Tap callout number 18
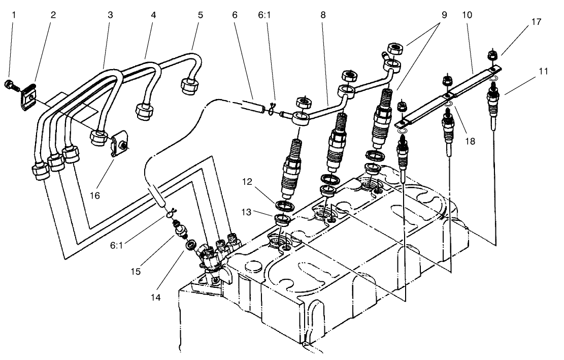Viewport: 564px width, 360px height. pos(470,141)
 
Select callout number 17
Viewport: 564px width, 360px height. pos(522,22)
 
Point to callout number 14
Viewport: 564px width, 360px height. pos(156,297)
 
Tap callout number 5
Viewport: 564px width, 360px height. pos(201,15)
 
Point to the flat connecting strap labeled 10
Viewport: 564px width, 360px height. pos(447,94)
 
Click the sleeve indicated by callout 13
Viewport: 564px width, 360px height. pos(282,220)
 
